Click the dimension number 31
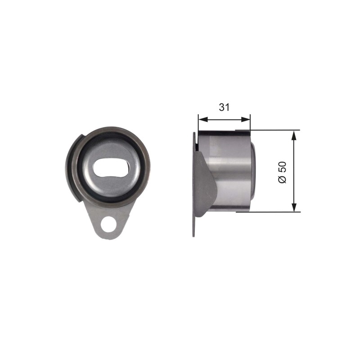[224, 107]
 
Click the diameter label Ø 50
[283, 172]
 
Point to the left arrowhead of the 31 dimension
[203, 119]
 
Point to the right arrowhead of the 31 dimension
[245, 119]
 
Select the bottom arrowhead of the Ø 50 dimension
[294, 207]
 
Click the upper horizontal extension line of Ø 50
[268, 130]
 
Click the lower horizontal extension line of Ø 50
[268, 211]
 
